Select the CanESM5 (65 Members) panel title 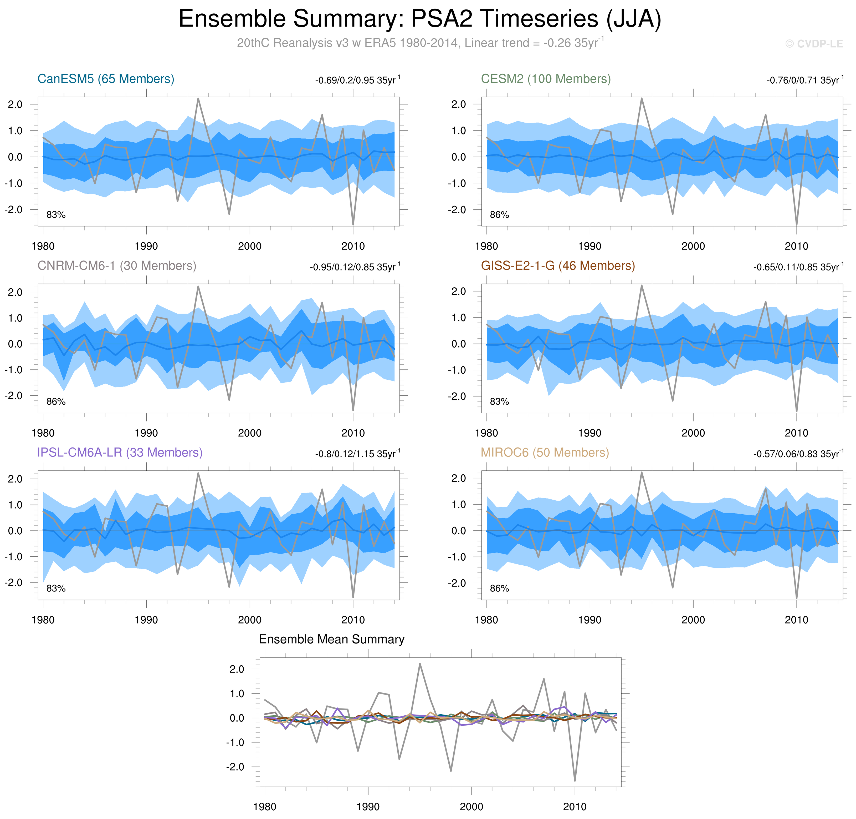click(106, 79)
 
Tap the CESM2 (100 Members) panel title click(546, 79)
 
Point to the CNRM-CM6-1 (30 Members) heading click(117, 266)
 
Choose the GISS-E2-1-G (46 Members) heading click(558, 266)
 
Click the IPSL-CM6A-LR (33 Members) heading click(120, 453)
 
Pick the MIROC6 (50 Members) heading click(545, 453)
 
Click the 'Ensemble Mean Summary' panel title click(331, 640)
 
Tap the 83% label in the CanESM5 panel click(56, 215)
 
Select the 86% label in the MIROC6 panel click(499, 589)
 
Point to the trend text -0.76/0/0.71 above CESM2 click(804, 80)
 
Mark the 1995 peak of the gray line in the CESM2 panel click(642, 98)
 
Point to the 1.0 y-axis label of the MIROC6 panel click(458, 505)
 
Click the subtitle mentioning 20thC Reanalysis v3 click(420, 43)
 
